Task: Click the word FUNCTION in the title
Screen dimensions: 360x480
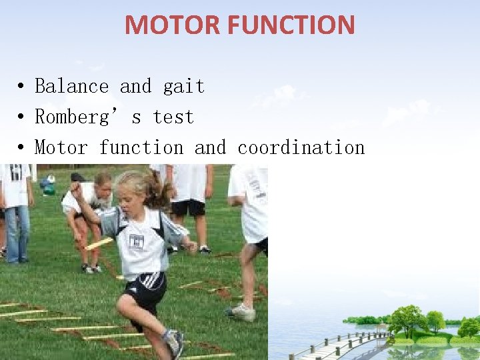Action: pos(291,25)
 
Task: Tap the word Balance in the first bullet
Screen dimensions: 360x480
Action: pos(71,87)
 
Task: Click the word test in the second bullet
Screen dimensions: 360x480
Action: pos(173,117)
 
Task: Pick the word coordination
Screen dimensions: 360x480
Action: pos(301,147)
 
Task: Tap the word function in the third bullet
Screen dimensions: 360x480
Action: pos(141,147)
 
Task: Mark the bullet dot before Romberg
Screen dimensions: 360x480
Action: pos(22,118)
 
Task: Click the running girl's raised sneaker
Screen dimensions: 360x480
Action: pos(175,341)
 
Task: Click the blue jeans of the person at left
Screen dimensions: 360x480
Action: pos(17,233)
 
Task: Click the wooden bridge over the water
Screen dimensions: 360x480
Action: pos(340,343)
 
